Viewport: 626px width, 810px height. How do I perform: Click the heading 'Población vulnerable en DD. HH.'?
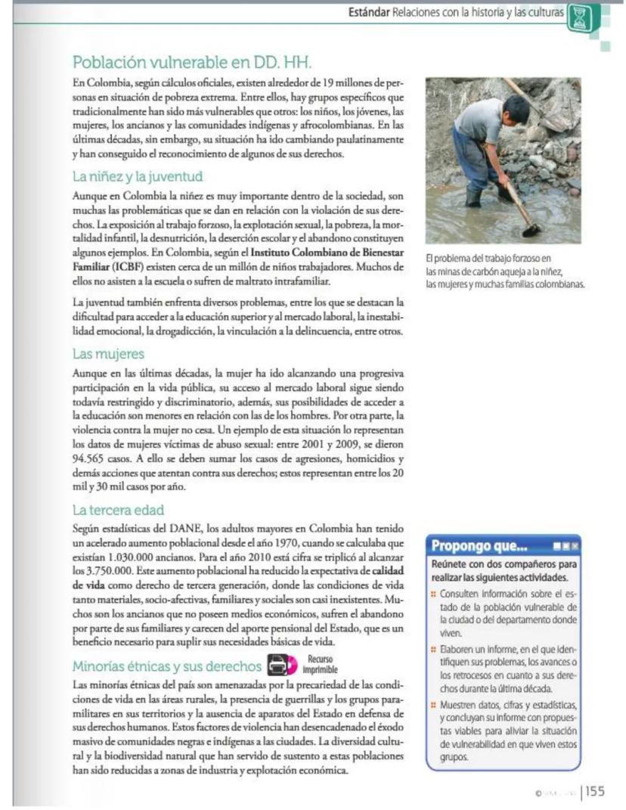coord(192,62)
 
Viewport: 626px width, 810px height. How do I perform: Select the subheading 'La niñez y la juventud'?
coord(138,177)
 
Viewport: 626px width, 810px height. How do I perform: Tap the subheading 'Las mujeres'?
coord(108,353)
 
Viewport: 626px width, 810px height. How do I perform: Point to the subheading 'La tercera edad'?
coord(118,510)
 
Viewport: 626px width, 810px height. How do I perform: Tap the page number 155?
coord(596,791)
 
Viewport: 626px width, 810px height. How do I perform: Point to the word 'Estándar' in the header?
coord(369,13)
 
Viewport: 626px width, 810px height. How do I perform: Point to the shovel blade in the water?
coord(531,229)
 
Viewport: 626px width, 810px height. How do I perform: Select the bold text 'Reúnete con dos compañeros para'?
coord(504,564)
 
